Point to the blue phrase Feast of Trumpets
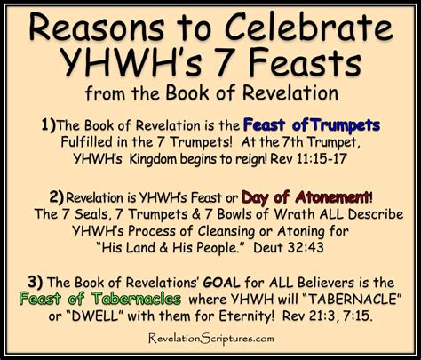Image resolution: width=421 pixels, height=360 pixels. pyautogui.click(x=312, y=125)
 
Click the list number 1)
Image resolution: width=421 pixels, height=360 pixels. pyautogui.click(x=48, y=124)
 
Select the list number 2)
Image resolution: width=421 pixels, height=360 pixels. pyautogui.click(x=57, y=197)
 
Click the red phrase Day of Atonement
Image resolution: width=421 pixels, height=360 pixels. pyautogui.click(x=305, y=197)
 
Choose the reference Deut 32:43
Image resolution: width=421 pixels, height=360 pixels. pyautogui.click(x=289, y=248)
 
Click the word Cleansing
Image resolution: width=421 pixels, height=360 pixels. pyautogui.click(x=226, y=231)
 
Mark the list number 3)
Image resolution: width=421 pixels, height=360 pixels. pyautogui.click(x=36, y=282)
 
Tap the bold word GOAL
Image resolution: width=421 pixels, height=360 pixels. pyautogui.click(x=222, y=283)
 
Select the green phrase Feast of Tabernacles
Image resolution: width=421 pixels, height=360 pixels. pyautogui.click(x=100, y=299)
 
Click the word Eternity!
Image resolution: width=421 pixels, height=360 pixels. pyautogui.click(x=247, y=316)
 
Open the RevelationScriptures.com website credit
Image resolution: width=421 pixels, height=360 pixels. pyautogui.click(x=211, y=339)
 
